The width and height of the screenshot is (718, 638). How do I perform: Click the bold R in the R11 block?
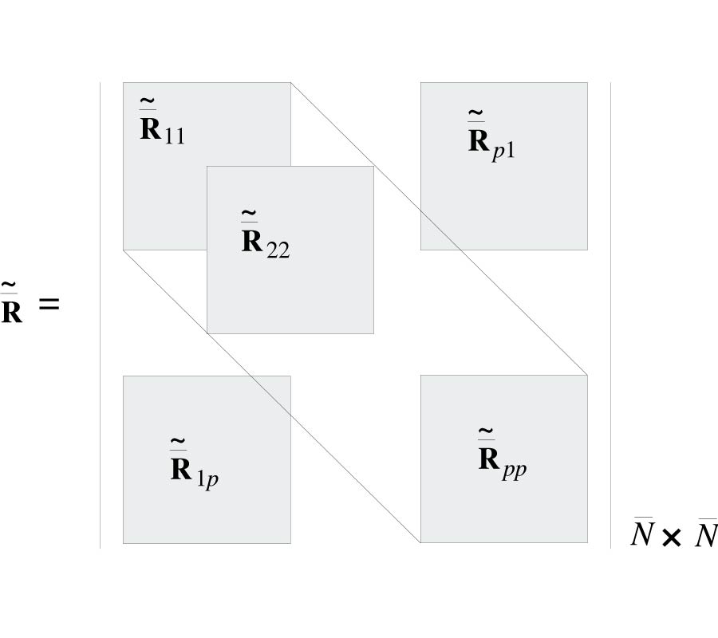pos(151,129)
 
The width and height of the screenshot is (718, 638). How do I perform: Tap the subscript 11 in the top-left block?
pos(175,136)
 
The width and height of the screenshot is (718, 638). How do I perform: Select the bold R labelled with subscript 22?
pos(253,241)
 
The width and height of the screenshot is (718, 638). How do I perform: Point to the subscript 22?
pos(278,249)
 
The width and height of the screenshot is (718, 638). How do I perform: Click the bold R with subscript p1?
pos(479,141)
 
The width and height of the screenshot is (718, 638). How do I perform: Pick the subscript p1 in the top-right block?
pos(503,150)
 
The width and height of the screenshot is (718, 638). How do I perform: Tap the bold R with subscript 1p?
pos(181,470)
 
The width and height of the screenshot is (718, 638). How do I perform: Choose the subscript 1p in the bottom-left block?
pos(207,480)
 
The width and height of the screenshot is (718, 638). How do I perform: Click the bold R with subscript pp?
pos(489,459)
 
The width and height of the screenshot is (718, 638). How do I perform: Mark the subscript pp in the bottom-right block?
pos(515,469)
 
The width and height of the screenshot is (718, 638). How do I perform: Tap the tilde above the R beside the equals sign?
pos(10,284)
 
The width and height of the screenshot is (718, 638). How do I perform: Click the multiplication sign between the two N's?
pos(672,538)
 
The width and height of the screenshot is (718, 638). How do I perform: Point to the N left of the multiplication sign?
pos(642,534)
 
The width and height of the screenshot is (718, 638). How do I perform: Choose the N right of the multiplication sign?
pos(705,534)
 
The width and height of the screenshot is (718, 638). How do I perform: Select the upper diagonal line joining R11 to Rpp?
pos(439,228)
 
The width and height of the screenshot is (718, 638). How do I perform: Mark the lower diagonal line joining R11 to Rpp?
pos(271,396)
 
